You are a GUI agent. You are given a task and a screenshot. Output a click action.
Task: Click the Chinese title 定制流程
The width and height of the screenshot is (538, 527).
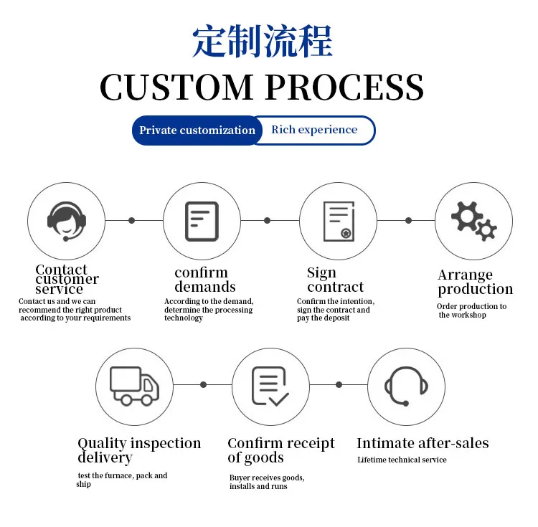click(x=263, y=42)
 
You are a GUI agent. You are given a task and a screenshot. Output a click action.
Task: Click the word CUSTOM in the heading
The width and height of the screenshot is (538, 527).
click(x=176, y=87)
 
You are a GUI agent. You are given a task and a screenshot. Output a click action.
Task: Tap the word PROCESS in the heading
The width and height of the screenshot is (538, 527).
click(x=344, y=87)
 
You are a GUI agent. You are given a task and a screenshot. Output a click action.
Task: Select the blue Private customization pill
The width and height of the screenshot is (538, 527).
click(x=197, y=130)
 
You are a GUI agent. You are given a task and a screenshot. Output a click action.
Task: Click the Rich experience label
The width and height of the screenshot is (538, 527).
click(x=314, y=130)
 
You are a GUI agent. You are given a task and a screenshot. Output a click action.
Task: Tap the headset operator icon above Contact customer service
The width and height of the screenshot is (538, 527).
click(x=67, y=220)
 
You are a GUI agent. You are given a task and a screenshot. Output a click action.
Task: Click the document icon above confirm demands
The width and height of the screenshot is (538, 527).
click(x=202, y=221)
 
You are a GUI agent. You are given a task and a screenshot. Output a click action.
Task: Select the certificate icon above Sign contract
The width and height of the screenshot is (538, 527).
click(x=338, y=221)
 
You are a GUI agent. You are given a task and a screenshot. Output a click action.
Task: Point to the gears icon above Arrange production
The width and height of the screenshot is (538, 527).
click(x=473, y=220)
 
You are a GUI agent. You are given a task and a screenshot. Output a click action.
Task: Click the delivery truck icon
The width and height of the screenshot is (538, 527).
click(x=134, y=386)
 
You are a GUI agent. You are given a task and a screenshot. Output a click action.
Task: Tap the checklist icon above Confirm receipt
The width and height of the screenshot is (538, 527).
click(x=270, y=386)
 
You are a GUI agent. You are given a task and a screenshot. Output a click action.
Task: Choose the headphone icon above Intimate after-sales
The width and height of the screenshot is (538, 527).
click(x=406, y=386)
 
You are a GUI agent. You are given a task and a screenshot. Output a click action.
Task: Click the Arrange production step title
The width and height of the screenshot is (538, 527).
click(x=475, y=282)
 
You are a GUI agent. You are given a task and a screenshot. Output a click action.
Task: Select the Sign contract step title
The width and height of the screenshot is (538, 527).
click(x=335, y=280)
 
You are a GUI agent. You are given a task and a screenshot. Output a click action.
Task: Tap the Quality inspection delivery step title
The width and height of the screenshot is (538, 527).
click(x=139, y=450)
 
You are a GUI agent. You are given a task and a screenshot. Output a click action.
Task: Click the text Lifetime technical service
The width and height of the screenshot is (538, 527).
click(x=402, y=460)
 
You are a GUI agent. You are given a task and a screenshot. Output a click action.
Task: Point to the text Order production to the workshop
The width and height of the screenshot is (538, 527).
click(x=471, y=310)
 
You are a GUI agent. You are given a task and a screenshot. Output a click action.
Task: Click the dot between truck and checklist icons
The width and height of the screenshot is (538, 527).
click(x=204, y=385)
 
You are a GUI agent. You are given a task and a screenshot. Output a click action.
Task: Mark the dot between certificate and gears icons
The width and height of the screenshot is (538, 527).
click(x=409, y=220)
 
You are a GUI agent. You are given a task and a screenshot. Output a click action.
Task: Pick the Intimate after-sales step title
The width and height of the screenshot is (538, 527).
click(x=423, y=443)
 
